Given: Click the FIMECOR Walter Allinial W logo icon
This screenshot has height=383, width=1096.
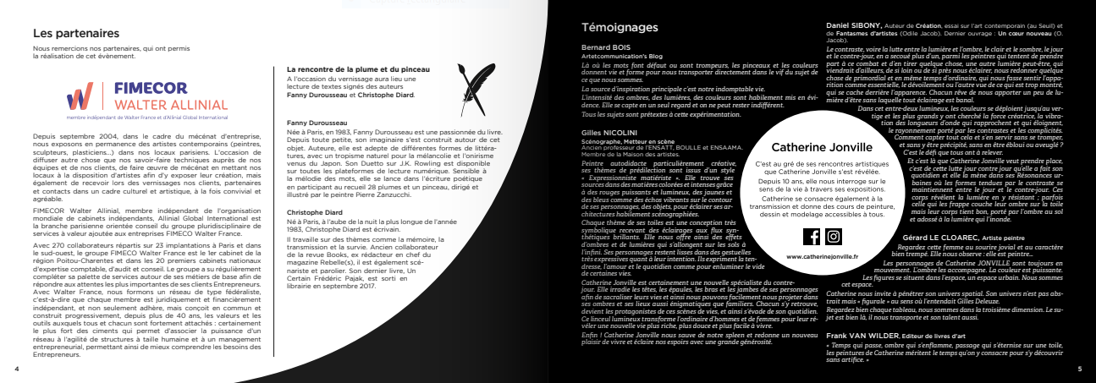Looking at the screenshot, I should (80, 97).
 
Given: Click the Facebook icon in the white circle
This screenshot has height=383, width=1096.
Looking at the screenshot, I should (810, 236).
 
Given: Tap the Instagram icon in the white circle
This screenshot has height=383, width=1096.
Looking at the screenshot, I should (833, 236).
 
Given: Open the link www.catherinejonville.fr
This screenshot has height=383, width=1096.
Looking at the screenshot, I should (822, 255).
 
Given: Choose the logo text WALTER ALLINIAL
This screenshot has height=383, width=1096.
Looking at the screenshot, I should (157, 103).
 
